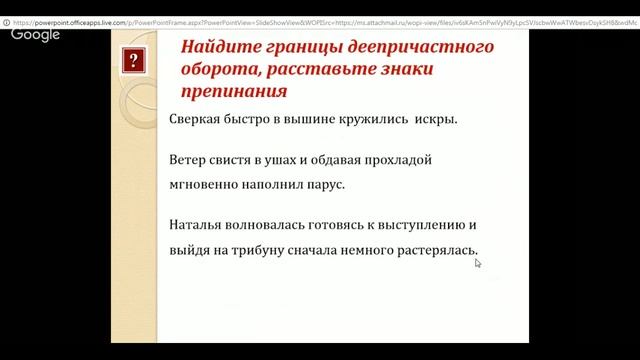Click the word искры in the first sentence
click(436, 120)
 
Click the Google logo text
click(35, 34)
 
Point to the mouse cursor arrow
click(478, 263)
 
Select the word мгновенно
click(205, 184)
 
